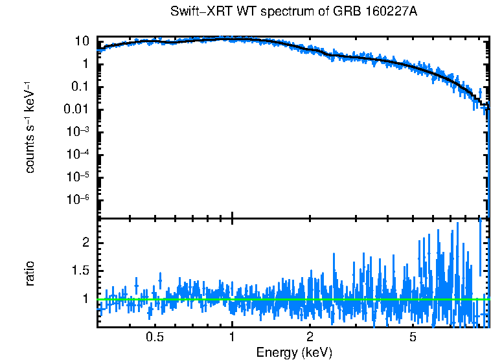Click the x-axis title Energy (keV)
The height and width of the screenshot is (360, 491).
click(x=294, y=352)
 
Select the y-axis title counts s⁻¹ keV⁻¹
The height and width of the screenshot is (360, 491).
click(x=30, y=128)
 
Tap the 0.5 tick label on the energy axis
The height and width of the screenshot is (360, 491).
click(x=154, y=337)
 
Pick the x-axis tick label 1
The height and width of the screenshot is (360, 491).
click(x=232, y=337)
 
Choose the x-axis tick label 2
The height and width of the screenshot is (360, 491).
click(x=310, y=337)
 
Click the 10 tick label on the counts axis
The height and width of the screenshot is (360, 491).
click(x=82, y=41)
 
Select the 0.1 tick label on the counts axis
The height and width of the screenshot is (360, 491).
click(x=80, y=87)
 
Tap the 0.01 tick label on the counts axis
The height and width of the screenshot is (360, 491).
click(x=76, y=109)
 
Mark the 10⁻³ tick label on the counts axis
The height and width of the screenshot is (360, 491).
click(x=78, y=131)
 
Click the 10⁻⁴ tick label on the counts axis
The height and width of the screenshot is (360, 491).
click(x=78, y=154)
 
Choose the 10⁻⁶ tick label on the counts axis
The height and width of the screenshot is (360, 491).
click(x=78, y=199)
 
